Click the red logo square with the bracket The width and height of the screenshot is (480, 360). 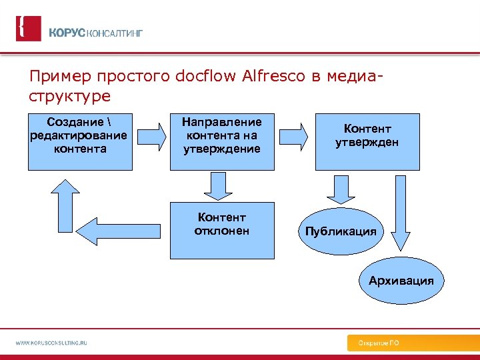pyautogui.click(x=28, y=29)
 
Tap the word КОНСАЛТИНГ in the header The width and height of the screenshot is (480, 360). pyautogui.click(x=115, y=33)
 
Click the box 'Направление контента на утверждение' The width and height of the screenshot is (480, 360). pyautogui.click(x=222, y=141)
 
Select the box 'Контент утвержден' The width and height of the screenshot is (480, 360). pyautogui.click(x=367, y=141)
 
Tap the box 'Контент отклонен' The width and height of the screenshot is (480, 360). pyautogui.click(x=222, y=230)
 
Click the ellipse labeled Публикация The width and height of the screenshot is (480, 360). pyautogui.click(x=341, y=232)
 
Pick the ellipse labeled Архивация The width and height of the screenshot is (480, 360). pyautogui.click(x=401, y=281)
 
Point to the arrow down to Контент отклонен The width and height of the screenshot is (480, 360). pyautogui.click(x=217, y=186)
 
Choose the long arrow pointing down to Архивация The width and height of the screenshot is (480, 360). pyautogui.click(x=402, y=213)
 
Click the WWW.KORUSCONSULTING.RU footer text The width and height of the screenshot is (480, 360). pyautogui.click(x=52, y=343)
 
